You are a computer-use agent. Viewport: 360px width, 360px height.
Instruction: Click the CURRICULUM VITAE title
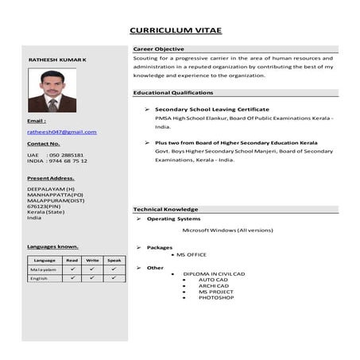coord(176,31)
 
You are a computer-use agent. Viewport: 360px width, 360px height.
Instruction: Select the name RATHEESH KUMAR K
coord(57,60)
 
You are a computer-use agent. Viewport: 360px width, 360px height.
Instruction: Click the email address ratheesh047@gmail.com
coord(62,131)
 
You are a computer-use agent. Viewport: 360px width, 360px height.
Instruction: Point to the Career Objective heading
coord(158,49)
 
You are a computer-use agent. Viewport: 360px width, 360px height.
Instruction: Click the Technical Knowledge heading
coord(165,208)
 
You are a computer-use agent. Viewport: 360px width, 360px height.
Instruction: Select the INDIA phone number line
coord(57,161)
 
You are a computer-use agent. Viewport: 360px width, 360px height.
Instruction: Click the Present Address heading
coord(51,178)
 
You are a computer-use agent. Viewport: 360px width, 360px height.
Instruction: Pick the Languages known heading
coord(52,246)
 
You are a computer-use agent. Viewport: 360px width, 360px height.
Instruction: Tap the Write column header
coord(92,260)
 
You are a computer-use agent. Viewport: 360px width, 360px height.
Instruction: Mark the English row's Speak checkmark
coord(114,278)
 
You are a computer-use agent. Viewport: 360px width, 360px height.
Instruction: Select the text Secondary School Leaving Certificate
coord(211,109)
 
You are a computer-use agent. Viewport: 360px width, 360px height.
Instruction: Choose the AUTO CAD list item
coord(214,280)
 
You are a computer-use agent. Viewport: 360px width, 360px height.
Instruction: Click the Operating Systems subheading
coord(174,218)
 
